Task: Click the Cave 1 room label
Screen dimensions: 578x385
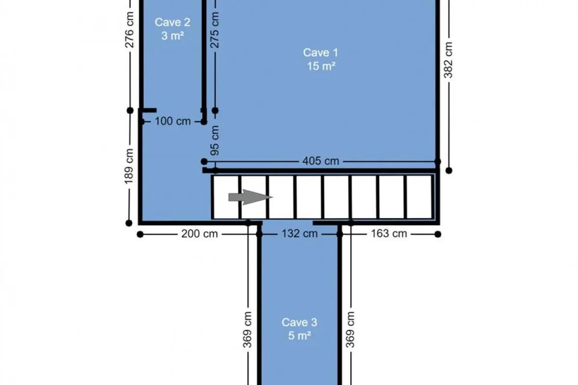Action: (x=320, y=52)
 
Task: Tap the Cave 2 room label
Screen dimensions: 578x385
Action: (x=172, y=22)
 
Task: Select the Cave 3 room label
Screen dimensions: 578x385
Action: (x=299, y=322)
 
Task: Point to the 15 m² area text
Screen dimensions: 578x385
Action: (x=321, y=66)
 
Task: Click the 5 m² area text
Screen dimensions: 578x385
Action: (x=299, y=336)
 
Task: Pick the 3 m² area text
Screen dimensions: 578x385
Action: (x=172, y=36)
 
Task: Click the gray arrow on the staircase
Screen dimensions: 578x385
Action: (x=250, y=197)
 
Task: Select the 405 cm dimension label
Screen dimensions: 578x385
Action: (x=320, y=161)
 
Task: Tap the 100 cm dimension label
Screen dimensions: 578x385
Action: (x=172, y=121)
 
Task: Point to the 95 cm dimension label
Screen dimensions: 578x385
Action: (x=215, y=141)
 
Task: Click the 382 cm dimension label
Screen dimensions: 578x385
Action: (x=448, y=60)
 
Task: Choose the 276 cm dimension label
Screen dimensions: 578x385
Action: (x=129, y=30)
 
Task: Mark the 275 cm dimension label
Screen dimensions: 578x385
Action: (x=215, y=30)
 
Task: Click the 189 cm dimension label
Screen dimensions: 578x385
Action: (x=129, y=167)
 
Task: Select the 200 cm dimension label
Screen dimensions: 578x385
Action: (x=199, y=234)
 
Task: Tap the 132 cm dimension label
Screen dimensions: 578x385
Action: (x=299, y=233)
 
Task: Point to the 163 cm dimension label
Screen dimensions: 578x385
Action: (x=389, y=233)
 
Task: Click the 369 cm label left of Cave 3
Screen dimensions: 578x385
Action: (x=247, y=330)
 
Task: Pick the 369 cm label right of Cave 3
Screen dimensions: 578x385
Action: (x=350, y=330)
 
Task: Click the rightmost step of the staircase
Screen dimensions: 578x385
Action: (x=420, y=197)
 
